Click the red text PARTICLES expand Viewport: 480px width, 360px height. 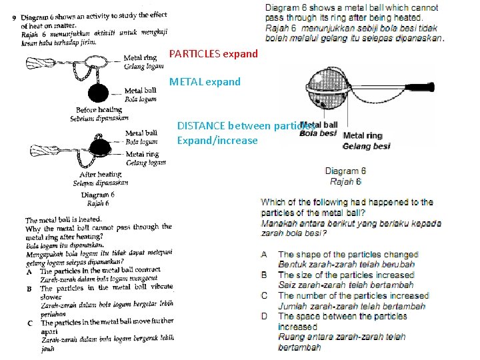(x=213, y=53)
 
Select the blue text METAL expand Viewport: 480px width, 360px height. (x=205, y=82)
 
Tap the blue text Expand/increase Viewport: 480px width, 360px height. (x=217, y=140)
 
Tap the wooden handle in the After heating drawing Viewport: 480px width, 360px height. (x=47, y=149)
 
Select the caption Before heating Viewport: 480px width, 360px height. (x=99, y=110)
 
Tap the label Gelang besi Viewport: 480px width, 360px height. (x=367, y=146)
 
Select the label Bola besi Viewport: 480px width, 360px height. (x=318, y=133)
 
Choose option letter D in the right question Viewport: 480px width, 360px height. (x=265, y=317)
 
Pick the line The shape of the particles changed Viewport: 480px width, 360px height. (x=348, y=255)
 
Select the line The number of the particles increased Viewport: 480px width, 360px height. (x=353, y=296)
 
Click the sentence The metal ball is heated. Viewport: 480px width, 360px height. (x=63, y=219)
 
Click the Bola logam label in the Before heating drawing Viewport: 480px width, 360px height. (x=140, y=99)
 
